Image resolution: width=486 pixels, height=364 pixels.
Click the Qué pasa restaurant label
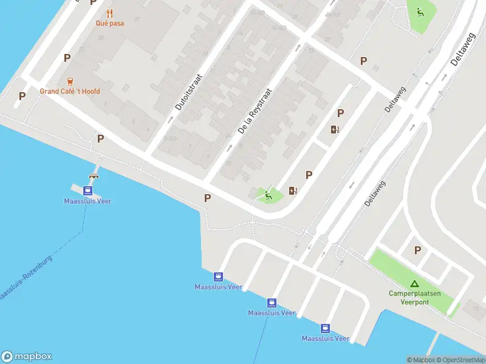point(110,23)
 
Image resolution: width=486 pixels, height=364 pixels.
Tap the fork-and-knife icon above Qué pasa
point(110,13)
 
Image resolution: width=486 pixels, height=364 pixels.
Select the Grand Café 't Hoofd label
point(70,92)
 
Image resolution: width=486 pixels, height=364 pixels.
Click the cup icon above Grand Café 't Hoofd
point(70,81)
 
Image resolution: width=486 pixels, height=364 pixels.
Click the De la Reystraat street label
point(255,112)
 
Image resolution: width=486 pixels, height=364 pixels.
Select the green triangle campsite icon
point(414,283)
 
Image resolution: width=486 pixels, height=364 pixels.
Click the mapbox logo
point(27,357)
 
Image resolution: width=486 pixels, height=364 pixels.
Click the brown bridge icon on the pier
point(94,176)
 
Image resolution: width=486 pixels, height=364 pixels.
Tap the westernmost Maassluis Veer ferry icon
point(88,190)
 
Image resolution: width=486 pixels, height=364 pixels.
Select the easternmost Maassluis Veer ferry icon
point(326,328)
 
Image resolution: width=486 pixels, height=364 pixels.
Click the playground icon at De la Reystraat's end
point(269,195)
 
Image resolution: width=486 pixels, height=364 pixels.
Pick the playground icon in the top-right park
point(419,12)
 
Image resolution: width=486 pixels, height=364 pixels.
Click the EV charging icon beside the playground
point(293,190)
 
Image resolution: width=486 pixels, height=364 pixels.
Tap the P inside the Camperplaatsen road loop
point(417,250)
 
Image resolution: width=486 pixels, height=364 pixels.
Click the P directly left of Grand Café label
point(22,96)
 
